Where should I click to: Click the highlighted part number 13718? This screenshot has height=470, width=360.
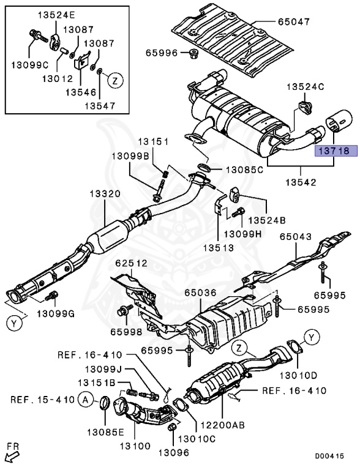(x=332, y=149)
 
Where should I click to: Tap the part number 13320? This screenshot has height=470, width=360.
(x=107, y=194)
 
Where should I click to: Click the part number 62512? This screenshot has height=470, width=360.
(x=130, y=264)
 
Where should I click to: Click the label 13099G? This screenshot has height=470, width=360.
(x=56, y=314)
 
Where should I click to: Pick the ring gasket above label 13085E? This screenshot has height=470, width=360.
(x=105, y=403)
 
